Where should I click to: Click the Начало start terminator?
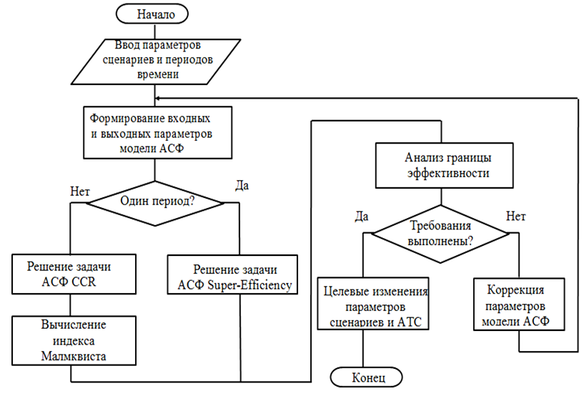(x=154, y=12)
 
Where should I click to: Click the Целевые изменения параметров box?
(x=375, y=303)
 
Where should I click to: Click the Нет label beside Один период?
(x=80, y=190)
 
